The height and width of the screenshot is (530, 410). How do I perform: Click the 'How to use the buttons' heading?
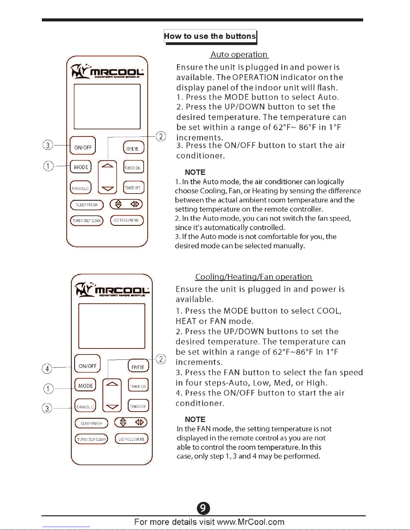tap(210, 36)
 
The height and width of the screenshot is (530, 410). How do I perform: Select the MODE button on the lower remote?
tap(85, 386)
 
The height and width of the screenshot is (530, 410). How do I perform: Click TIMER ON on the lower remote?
tap(138, 386)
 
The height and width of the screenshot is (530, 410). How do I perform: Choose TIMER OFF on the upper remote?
tap(133, 188)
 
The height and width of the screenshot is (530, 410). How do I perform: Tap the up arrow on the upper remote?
tap(107, 166)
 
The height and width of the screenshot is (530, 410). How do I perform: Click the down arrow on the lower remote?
tap(112, 407)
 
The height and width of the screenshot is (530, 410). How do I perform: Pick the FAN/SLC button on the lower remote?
tap(85, 407)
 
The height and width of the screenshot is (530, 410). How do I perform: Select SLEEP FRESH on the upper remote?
tap(87, 205)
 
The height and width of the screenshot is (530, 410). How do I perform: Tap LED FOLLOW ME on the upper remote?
tap(127, 220)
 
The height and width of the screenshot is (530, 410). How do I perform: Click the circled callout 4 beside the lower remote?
tap(47, 368)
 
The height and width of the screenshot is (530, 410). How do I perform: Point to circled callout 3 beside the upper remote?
tap(48, 145)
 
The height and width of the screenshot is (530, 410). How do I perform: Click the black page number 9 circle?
tap(203, 508)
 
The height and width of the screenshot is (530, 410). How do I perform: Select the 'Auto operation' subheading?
tap(239, 55)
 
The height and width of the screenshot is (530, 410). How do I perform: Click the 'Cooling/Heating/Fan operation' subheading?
tap(254, 277)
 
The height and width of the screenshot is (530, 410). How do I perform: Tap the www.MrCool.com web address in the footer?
tap(250, 522)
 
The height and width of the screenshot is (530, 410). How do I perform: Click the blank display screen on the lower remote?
tap(112, 326)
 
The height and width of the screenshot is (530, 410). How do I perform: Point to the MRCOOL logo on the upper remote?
tap(107, 72)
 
